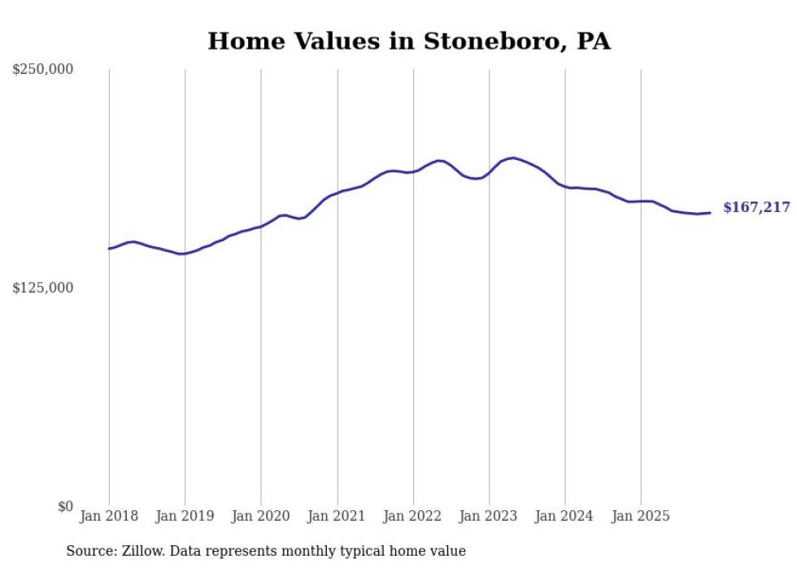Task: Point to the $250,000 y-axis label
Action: tap(42, 70)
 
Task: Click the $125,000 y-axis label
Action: tap(42, 288)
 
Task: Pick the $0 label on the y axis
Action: tap(65, 506)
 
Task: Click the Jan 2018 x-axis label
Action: tap(109, 516)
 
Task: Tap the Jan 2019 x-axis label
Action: tap(185, 516)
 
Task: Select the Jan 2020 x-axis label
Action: tap(261, 516)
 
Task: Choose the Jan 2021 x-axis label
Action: tap(337, 516)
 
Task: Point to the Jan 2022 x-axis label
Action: tap(413, 516)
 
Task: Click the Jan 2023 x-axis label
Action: tap(489, 516)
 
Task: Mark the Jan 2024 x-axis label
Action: tap(565, 516)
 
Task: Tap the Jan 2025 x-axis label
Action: tap(641, 516)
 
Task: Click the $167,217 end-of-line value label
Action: tap(756, 208)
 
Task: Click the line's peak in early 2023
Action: tap(512, 158)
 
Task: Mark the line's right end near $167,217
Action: tap(710, 213)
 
